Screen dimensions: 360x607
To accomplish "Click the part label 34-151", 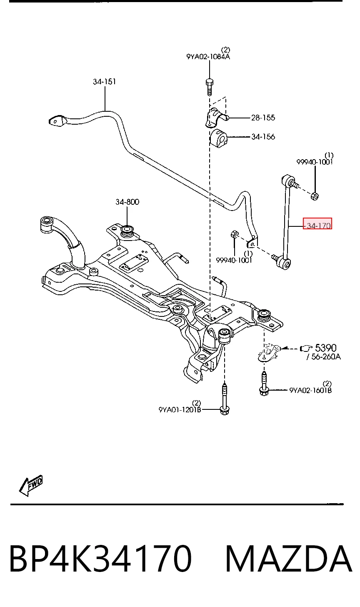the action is tap(104, 82).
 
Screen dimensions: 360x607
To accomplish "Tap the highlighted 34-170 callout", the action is tap(317, 223).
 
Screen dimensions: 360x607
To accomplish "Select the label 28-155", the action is tap(263, 118).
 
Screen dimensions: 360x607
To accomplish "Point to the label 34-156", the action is tap(263, 137).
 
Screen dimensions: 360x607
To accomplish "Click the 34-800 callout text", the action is tap(127, 202).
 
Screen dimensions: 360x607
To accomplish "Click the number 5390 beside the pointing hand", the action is tap(326, 348).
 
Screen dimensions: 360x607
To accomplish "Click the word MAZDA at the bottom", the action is tap(288, 559).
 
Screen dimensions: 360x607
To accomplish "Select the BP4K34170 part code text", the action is tap(100, 559).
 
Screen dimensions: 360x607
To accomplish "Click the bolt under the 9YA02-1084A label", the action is tap(210, 87).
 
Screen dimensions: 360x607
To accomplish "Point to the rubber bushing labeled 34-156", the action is tap(218, 139).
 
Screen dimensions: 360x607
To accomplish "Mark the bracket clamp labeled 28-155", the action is tap(216, 117).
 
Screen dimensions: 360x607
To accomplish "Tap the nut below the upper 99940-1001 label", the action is tap(315, 196).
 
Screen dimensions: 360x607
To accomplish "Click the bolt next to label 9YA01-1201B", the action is tap(225, 399).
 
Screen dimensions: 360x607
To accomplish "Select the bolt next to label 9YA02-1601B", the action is tap(264, 384).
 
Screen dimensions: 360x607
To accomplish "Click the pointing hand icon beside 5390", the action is tap(306, 348).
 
